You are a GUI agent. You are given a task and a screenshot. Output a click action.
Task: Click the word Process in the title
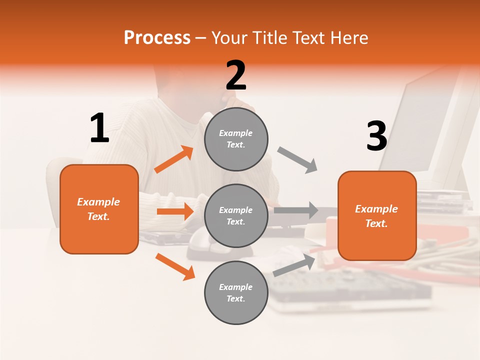coord(157,37)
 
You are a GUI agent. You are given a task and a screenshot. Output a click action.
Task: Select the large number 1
coord(99,128)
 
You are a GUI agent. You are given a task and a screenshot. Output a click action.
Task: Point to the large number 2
coord(236,75)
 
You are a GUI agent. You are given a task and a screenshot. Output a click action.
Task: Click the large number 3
coord(376,136)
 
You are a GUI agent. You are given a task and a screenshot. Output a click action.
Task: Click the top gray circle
coord(236,139)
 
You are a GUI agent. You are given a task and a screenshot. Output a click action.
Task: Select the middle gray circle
coord(236,216)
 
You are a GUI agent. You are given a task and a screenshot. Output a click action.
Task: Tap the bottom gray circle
coord(236,293)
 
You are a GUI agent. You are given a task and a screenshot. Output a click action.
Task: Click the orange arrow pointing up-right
coord(174,159)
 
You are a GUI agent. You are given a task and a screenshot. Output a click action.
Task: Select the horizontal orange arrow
coord(175,211)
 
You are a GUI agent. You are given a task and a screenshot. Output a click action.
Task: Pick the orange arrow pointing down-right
coord(175,266)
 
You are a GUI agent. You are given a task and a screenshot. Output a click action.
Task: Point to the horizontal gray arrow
coord(295,210)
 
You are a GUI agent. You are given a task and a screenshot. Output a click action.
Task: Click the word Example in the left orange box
coord(98,202)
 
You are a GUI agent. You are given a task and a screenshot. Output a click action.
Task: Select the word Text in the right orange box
coord(376,223)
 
